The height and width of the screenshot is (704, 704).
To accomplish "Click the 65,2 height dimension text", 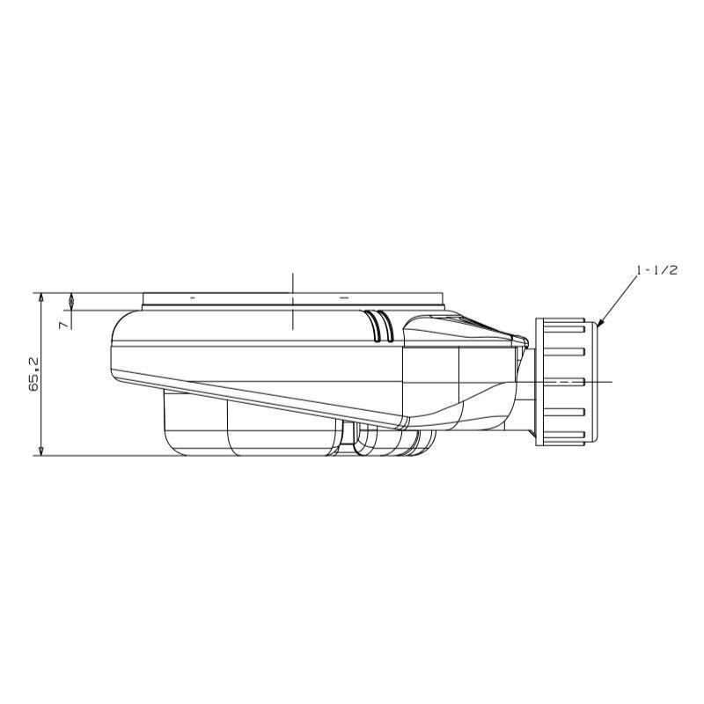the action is click(35, 375).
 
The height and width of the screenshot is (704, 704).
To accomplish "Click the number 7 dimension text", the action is click(64, 324).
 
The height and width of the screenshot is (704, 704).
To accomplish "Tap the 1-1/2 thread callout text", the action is click(656, 270).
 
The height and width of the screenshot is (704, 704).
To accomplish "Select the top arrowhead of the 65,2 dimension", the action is click(41, 297).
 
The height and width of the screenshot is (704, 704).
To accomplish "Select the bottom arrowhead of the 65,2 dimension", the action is click(41, 451).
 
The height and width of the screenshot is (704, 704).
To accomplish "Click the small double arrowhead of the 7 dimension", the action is click(71, 301).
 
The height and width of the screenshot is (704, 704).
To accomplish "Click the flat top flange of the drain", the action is click(293, 299).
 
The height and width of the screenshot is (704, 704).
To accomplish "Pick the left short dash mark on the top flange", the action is click(193, 297).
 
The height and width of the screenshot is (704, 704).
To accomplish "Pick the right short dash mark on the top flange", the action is click(344, 297).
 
